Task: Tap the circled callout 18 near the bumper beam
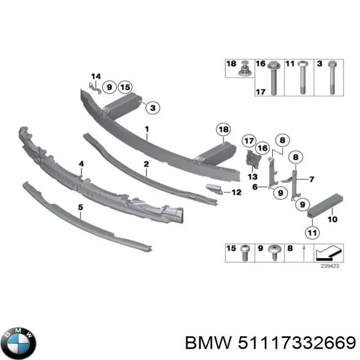click(x=223, y=130)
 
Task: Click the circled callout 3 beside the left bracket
click(x=153, y=108)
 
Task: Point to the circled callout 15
click(x=125, y=87)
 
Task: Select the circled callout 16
click(x=262, y=148)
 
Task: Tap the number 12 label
click(x=236, y=193)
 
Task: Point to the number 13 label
click(x=252, y=176)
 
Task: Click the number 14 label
click(x=96, y=76)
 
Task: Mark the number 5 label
click(x=81, y=207)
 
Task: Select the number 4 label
click(x=81, y=164)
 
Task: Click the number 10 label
click(x=332, y=220)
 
